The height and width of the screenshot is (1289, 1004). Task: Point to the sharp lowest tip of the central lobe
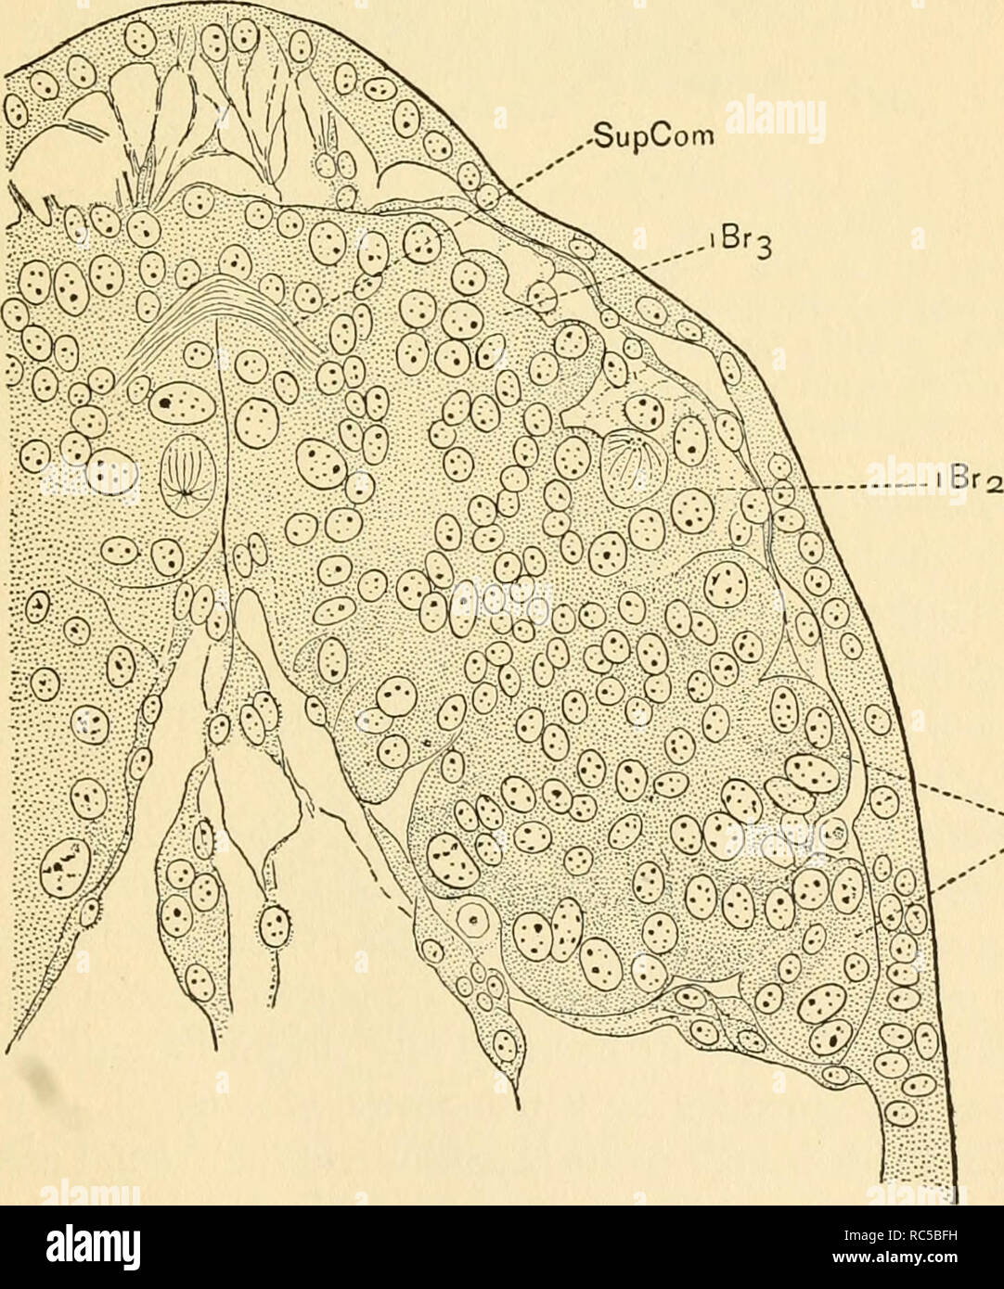(516, 1105)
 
